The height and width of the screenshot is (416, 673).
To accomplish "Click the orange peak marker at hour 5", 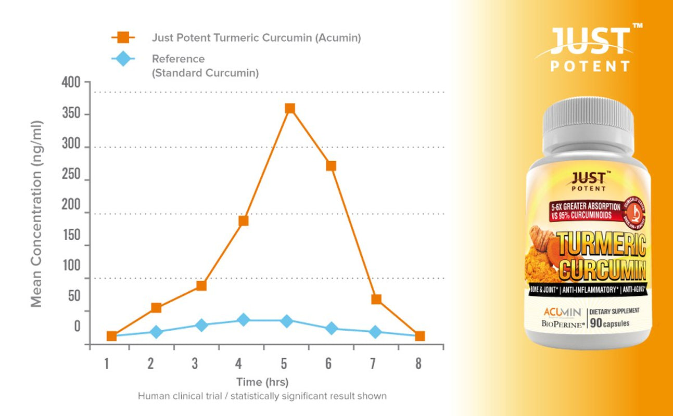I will [290, 108].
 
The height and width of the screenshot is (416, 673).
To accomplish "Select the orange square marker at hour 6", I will [331, 166].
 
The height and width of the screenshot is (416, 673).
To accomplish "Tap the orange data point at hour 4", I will [243, 221].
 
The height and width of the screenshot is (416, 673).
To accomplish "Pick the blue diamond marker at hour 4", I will [243, 320].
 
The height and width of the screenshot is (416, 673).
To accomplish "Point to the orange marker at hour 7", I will [376, 299].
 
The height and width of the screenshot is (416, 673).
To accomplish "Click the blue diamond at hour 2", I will [156, 332].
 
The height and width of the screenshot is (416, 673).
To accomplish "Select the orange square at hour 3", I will [201, 285].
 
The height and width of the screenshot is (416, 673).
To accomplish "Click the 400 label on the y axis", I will [71, 82].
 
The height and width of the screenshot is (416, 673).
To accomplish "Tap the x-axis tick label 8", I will [418, 363].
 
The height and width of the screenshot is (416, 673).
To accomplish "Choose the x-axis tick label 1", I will [106, 363].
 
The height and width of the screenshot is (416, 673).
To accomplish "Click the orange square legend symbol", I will [123, 37].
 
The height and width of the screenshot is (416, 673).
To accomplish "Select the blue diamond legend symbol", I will [123, 59].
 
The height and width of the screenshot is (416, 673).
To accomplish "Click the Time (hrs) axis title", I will [262, 382].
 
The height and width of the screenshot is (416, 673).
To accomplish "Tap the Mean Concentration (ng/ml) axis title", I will [36, 214].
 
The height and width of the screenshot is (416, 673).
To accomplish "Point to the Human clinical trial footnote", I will [262, 396].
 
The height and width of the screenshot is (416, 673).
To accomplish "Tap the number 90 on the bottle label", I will [596, 323].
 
